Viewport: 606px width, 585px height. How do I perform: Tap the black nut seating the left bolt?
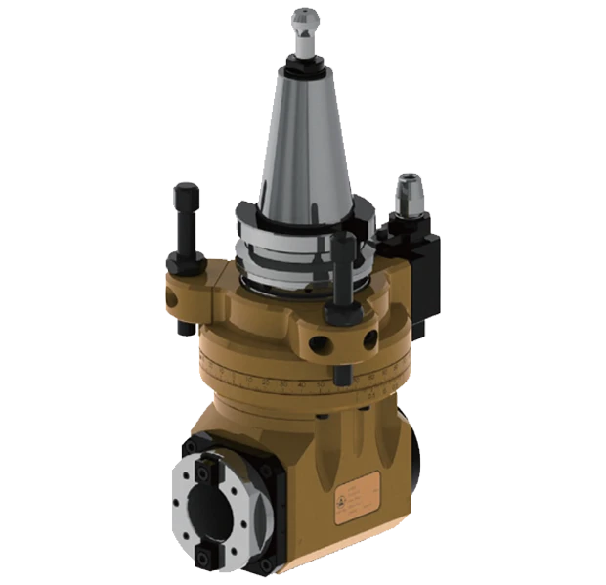click(x=186, y=261)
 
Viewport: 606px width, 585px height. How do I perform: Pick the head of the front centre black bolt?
click(x=341, y=243)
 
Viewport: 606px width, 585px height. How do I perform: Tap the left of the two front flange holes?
click(x=318, y=342)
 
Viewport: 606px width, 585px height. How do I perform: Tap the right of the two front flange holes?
click(x=369, y=339)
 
